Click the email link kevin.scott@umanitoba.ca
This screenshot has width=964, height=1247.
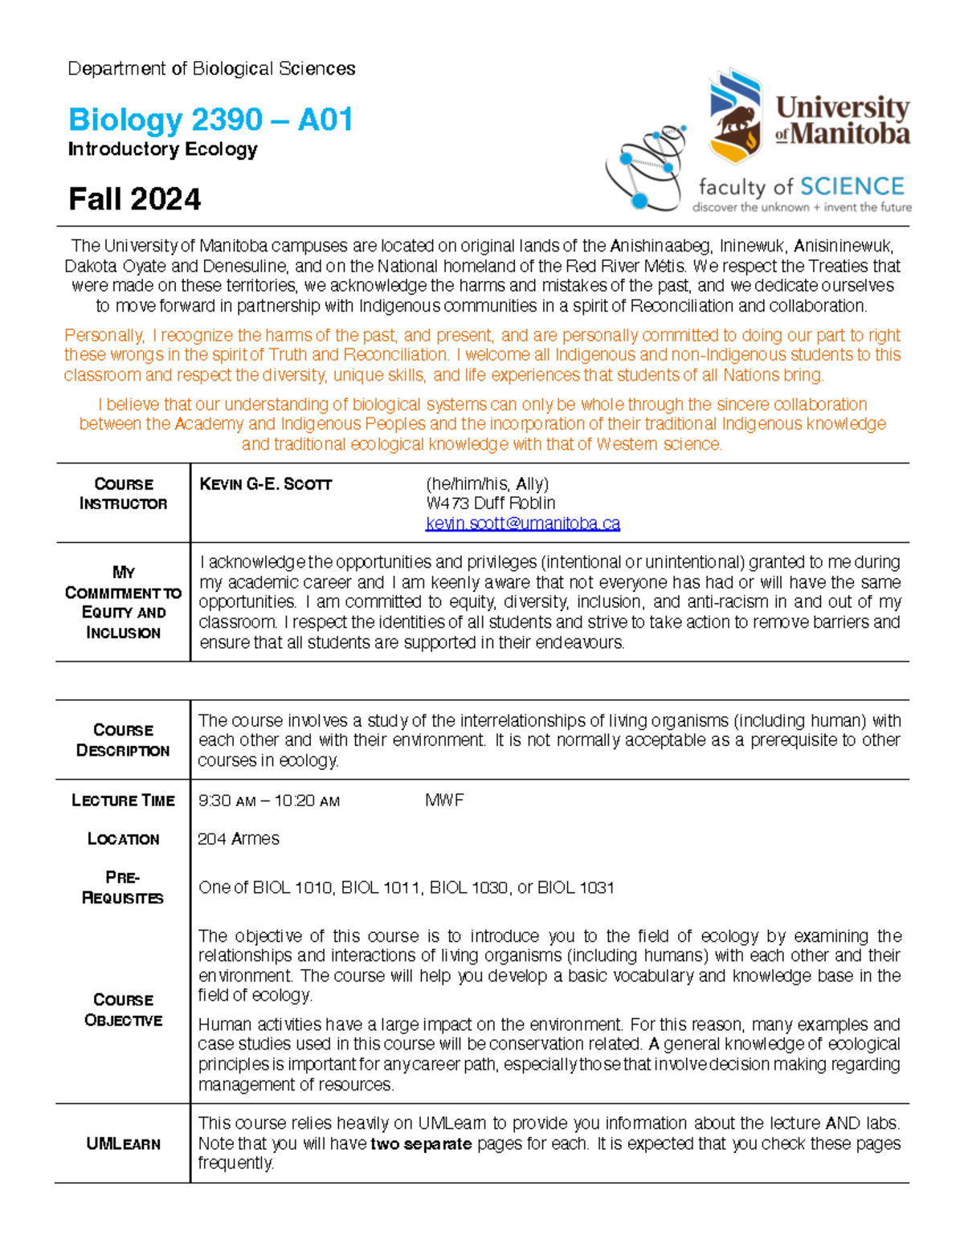click(x=522, y=524)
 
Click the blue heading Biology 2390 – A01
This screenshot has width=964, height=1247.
click(x=210, y=120)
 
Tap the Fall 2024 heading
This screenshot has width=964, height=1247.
click(x=134, y=199)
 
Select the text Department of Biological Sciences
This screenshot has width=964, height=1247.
click(x=211, y=69)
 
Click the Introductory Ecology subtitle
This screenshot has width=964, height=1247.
click(x=162, y=149)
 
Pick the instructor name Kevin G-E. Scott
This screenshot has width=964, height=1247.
click(x=265, y=484)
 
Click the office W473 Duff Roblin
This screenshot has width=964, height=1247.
click(x=490, y=503)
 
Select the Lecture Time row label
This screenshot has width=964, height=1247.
click(x=123, y=801)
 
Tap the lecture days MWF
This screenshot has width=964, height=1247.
click(x=444, y=801)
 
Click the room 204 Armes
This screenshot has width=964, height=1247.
click(x=239, y=839)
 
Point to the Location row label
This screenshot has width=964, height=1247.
click(x=123, y=839)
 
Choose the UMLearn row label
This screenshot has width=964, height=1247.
click(x=123, y=1143)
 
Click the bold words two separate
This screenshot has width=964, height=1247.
click(x=421, y=1143)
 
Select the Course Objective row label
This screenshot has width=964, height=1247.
click(x=123, y=1010)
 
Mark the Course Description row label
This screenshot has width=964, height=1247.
click(x=123, y=740)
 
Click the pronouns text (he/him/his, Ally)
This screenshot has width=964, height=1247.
click(x=487, y=484)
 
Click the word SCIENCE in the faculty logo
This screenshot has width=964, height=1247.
click(x=852, y=187)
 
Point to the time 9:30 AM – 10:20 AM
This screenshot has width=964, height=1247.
click(x=269, y=801)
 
